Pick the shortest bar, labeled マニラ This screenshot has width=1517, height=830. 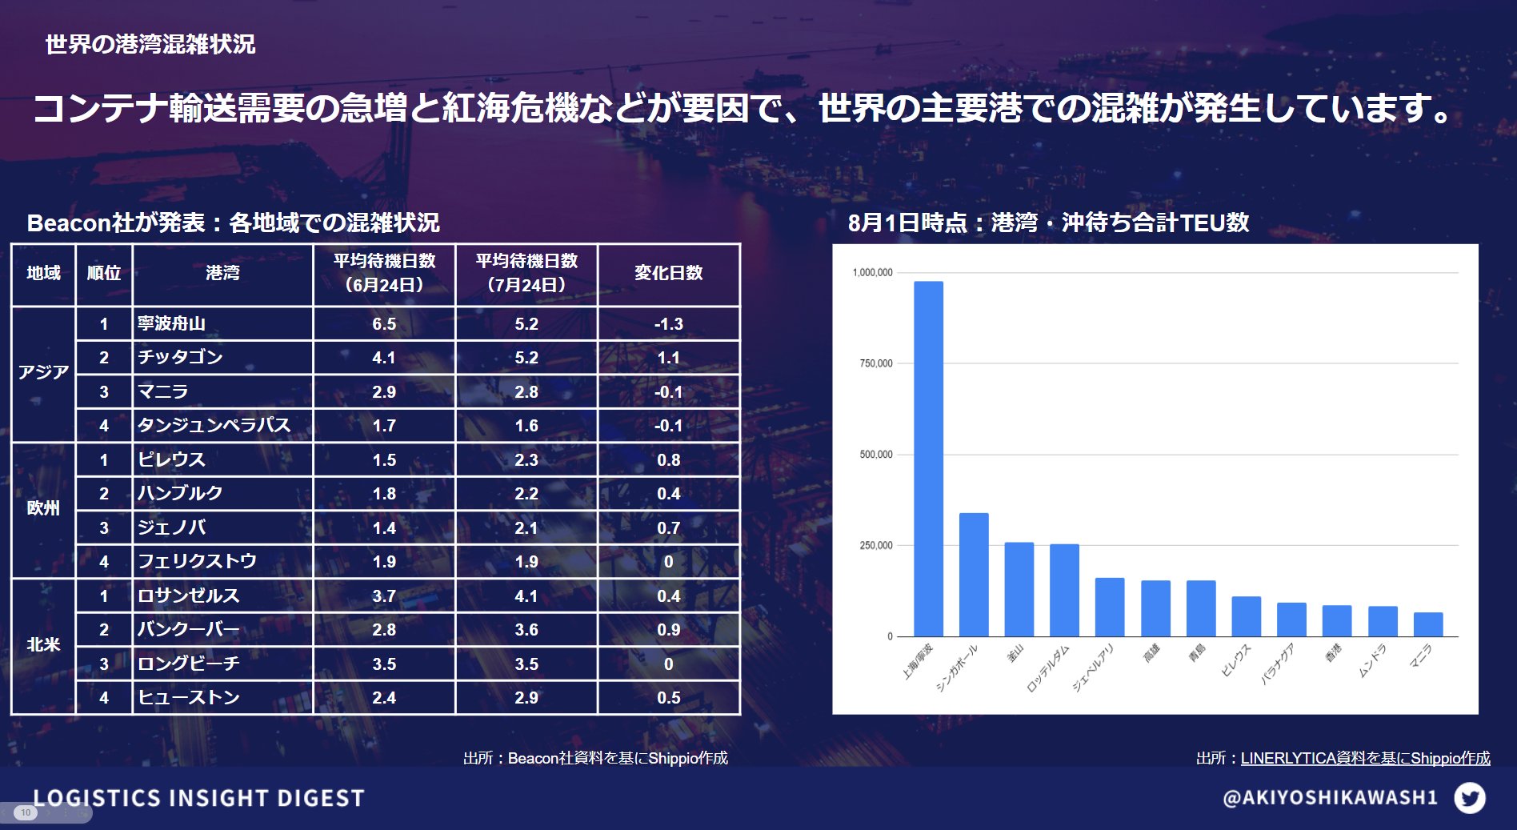coord(1428,624)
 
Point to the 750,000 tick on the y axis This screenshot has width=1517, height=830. coord(875,363)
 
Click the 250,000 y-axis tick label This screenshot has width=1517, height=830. coord(875,545)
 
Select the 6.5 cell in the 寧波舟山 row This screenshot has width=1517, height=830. coord(384,324)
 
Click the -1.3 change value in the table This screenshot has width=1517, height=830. coord(668,324)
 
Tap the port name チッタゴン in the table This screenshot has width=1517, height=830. coord(180,357)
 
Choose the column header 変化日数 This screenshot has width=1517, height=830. coord(668,273)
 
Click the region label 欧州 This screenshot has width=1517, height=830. coord(43,508)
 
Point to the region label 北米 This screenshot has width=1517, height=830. coord(43,644)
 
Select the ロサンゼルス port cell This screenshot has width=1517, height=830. coord(189,595)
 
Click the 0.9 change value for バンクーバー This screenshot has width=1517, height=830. coord(668,630)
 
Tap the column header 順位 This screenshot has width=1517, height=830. coord(103,273)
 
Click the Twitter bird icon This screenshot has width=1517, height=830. coord(1469,797)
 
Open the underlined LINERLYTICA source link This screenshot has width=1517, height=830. coord(1365,758)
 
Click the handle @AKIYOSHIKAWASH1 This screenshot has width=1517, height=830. coord(1330,797)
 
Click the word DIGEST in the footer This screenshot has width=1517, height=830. coord(321,798)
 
